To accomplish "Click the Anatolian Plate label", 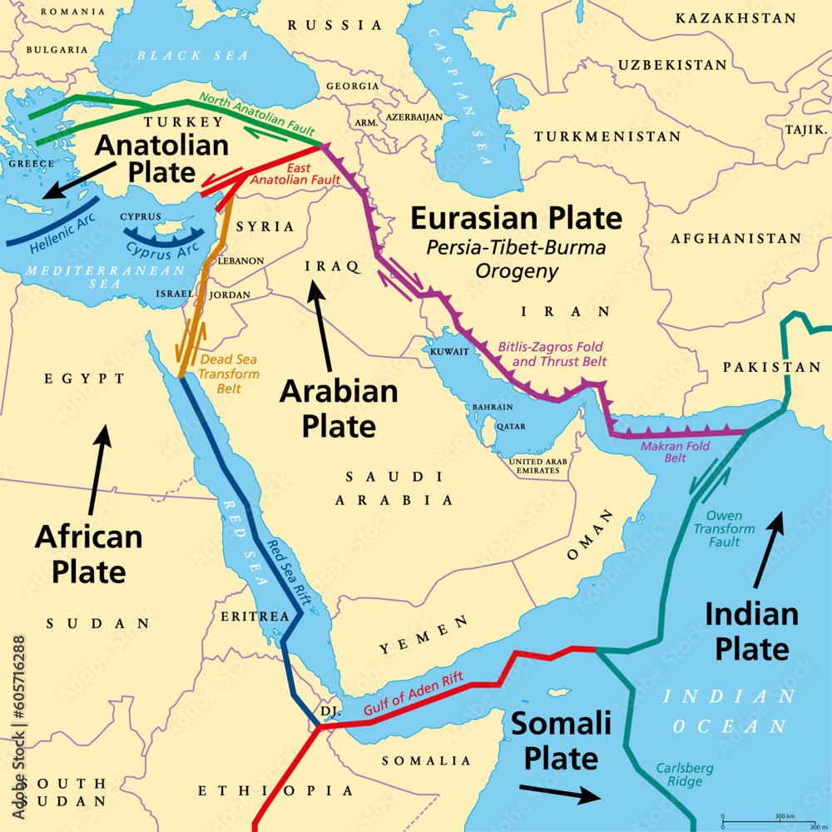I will click(x=161, y=159).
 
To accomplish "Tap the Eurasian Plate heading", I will click(x=516, y=219).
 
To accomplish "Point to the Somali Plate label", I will click(x=554, y=740).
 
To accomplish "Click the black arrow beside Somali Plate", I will click(x=560, y=793).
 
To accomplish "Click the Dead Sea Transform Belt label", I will click(x=229, y=374).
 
